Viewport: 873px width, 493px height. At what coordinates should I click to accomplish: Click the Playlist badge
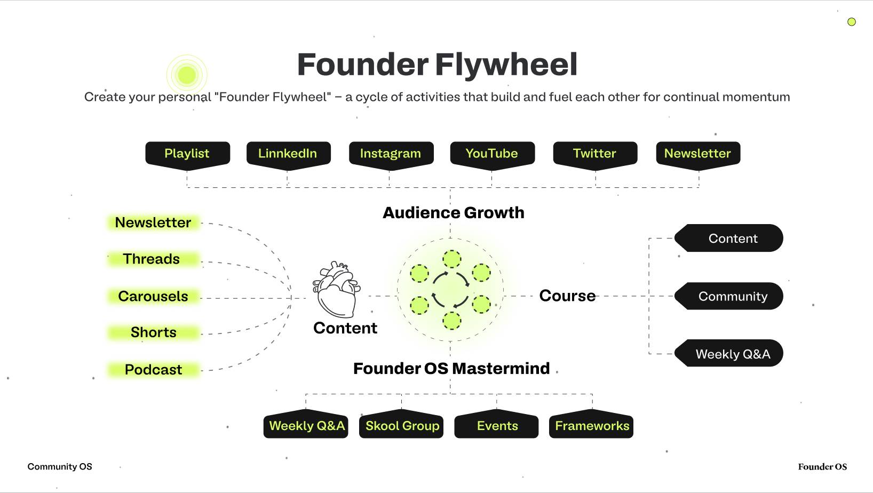pyautogui.click(x=187, y=155)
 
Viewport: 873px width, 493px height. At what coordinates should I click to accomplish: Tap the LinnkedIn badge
pyautogui.click(x=288, y=155)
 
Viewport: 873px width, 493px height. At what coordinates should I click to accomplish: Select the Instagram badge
pyautogui.click(x=391, y=155)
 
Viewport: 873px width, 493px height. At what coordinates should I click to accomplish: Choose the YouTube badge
pyautogui.click(x=492, y=155)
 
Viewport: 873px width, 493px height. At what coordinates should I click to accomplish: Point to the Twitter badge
pyautogui.click(x=595, y=155)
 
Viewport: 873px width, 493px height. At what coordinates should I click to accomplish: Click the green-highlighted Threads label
pyautogui.click(x=153, y=259)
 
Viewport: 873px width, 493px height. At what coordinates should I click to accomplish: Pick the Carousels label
pyautogui.click(x=153, y=296)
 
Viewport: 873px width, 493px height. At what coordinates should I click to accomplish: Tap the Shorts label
pyautogui.click(x=153, y=332)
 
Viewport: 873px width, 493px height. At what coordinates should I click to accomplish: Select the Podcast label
pyautogui.click(x=153, y=369)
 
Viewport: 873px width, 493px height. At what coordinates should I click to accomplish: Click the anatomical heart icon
pyautogui.click(x=336, y=289)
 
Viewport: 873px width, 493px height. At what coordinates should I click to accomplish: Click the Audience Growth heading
pyautogui.click(x=453, y=213)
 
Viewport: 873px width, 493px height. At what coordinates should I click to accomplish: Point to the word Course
pyautogui.click(x=567, y=296)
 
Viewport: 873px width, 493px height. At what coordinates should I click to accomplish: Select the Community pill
pyautogui.click(x=729, y=296)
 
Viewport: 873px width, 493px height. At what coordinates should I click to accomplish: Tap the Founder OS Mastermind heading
pyautogui.click(x=451, y=369)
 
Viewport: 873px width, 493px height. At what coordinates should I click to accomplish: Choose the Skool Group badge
pyautogui.click(x=401, y=424)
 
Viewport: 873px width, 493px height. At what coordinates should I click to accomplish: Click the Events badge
pyautogui.click(x=496, y=424)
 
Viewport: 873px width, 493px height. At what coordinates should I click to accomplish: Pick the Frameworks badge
pyautogui.click(x=592, y=424)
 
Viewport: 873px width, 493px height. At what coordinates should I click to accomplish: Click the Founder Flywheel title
pyautogui.click(x=437, y=65)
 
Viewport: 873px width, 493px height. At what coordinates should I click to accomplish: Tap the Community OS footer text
pyautogui.click(x=60, y=466)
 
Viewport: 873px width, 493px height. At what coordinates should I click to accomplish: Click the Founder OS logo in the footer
pyautogui.click(x=822, y=466)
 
